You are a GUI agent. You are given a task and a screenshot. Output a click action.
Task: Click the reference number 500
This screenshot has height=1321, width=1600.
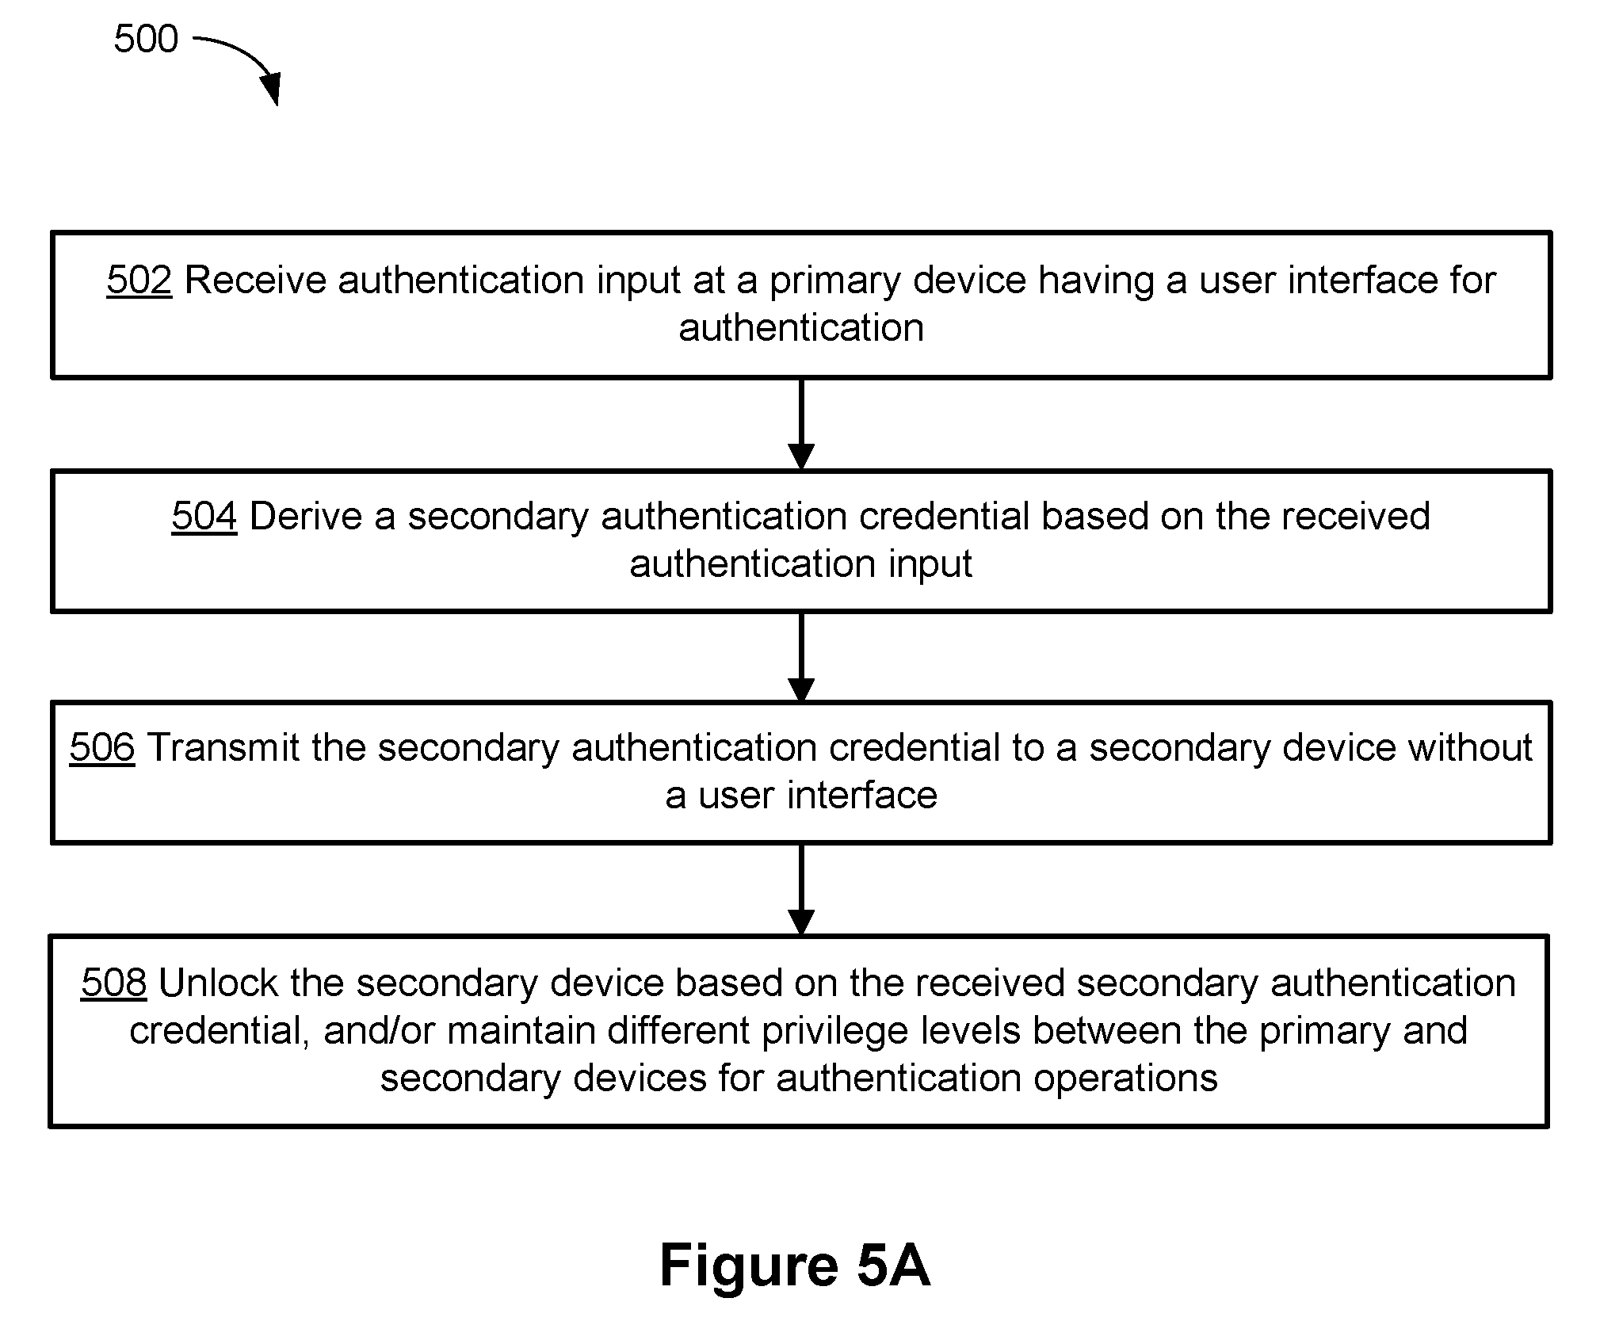(x=146, y=39)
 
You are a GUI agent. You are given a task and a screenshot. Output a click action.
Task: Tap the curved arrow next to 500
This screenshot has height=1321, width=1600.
(x=250, y=55)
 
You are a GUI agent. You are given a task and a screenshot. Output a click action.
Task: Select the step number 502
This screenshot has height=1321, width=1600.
(x=139, y=281)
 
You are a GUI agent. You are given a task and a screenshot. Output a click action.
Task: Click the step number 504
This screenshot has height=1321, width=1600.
(x=204, y=517)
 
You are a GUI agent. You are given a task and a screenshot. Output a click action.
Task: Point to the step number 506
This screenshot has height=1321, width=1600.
(x=102, y=748)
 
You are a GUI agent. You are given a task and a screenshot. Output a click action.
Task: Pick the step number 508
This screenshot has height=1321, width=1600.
(x=114, y=983)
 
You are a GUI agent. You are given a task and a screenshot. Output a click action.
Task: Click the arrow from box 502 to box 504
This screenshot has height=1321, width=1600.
(x=801, y=425)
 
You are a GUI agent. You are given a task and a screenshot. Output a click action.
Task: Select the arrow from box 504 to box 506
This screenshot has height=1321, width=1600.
(x=801, y=658)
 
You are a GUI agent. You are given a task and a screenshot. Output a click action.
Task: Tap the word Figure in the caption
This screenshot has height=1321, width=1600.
(x=749, y=1265)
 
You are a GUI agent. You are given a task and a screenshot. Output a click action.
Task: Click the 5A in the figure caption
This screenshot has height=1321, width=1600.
(x=893, y=1265)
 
